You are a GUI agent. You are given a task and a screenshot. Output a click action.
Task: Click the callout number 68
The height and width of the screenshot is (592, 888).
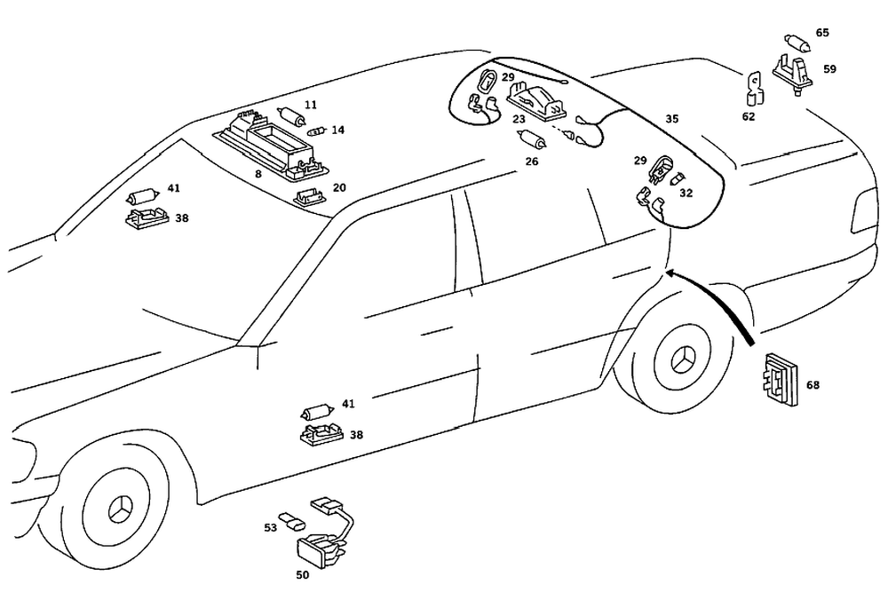click(x=813, y=385)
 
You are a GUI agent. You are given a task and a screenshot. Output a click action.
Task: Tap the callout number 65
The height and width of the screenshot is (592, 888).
click(x=822, y=33)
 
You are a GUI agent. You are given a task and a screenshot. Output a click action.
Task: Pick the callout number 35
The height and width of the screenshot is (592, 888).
click(x=672, y=118)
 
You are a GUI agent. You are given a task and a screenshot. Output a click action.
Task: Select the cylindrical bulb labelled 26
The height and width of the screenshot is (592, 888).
click(x=533, y=139)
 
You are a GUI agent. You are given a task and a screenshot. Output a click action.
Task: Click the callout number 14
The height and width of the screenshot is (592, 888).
click(x=337, y=130)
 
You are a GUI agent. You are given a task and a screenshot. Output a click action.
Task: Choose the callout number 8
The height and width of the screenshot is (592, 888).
click(x=258, y=175)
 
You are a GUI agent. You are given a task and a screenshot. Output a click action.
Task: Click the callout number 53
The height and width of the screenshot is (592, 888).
click(x=271, y=527)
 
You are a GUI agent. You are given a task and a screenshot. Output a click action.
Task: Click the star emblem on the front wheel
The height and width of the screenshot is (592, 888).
click(x=119, y=513)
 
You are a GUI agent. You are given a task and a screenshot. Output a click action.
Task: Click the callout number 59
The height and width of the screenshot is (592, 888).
click(x=829, y=68)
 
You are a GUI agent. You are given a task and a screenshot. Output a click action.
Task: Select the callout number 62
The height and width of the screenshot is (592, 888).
click(x=749, y=116)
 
